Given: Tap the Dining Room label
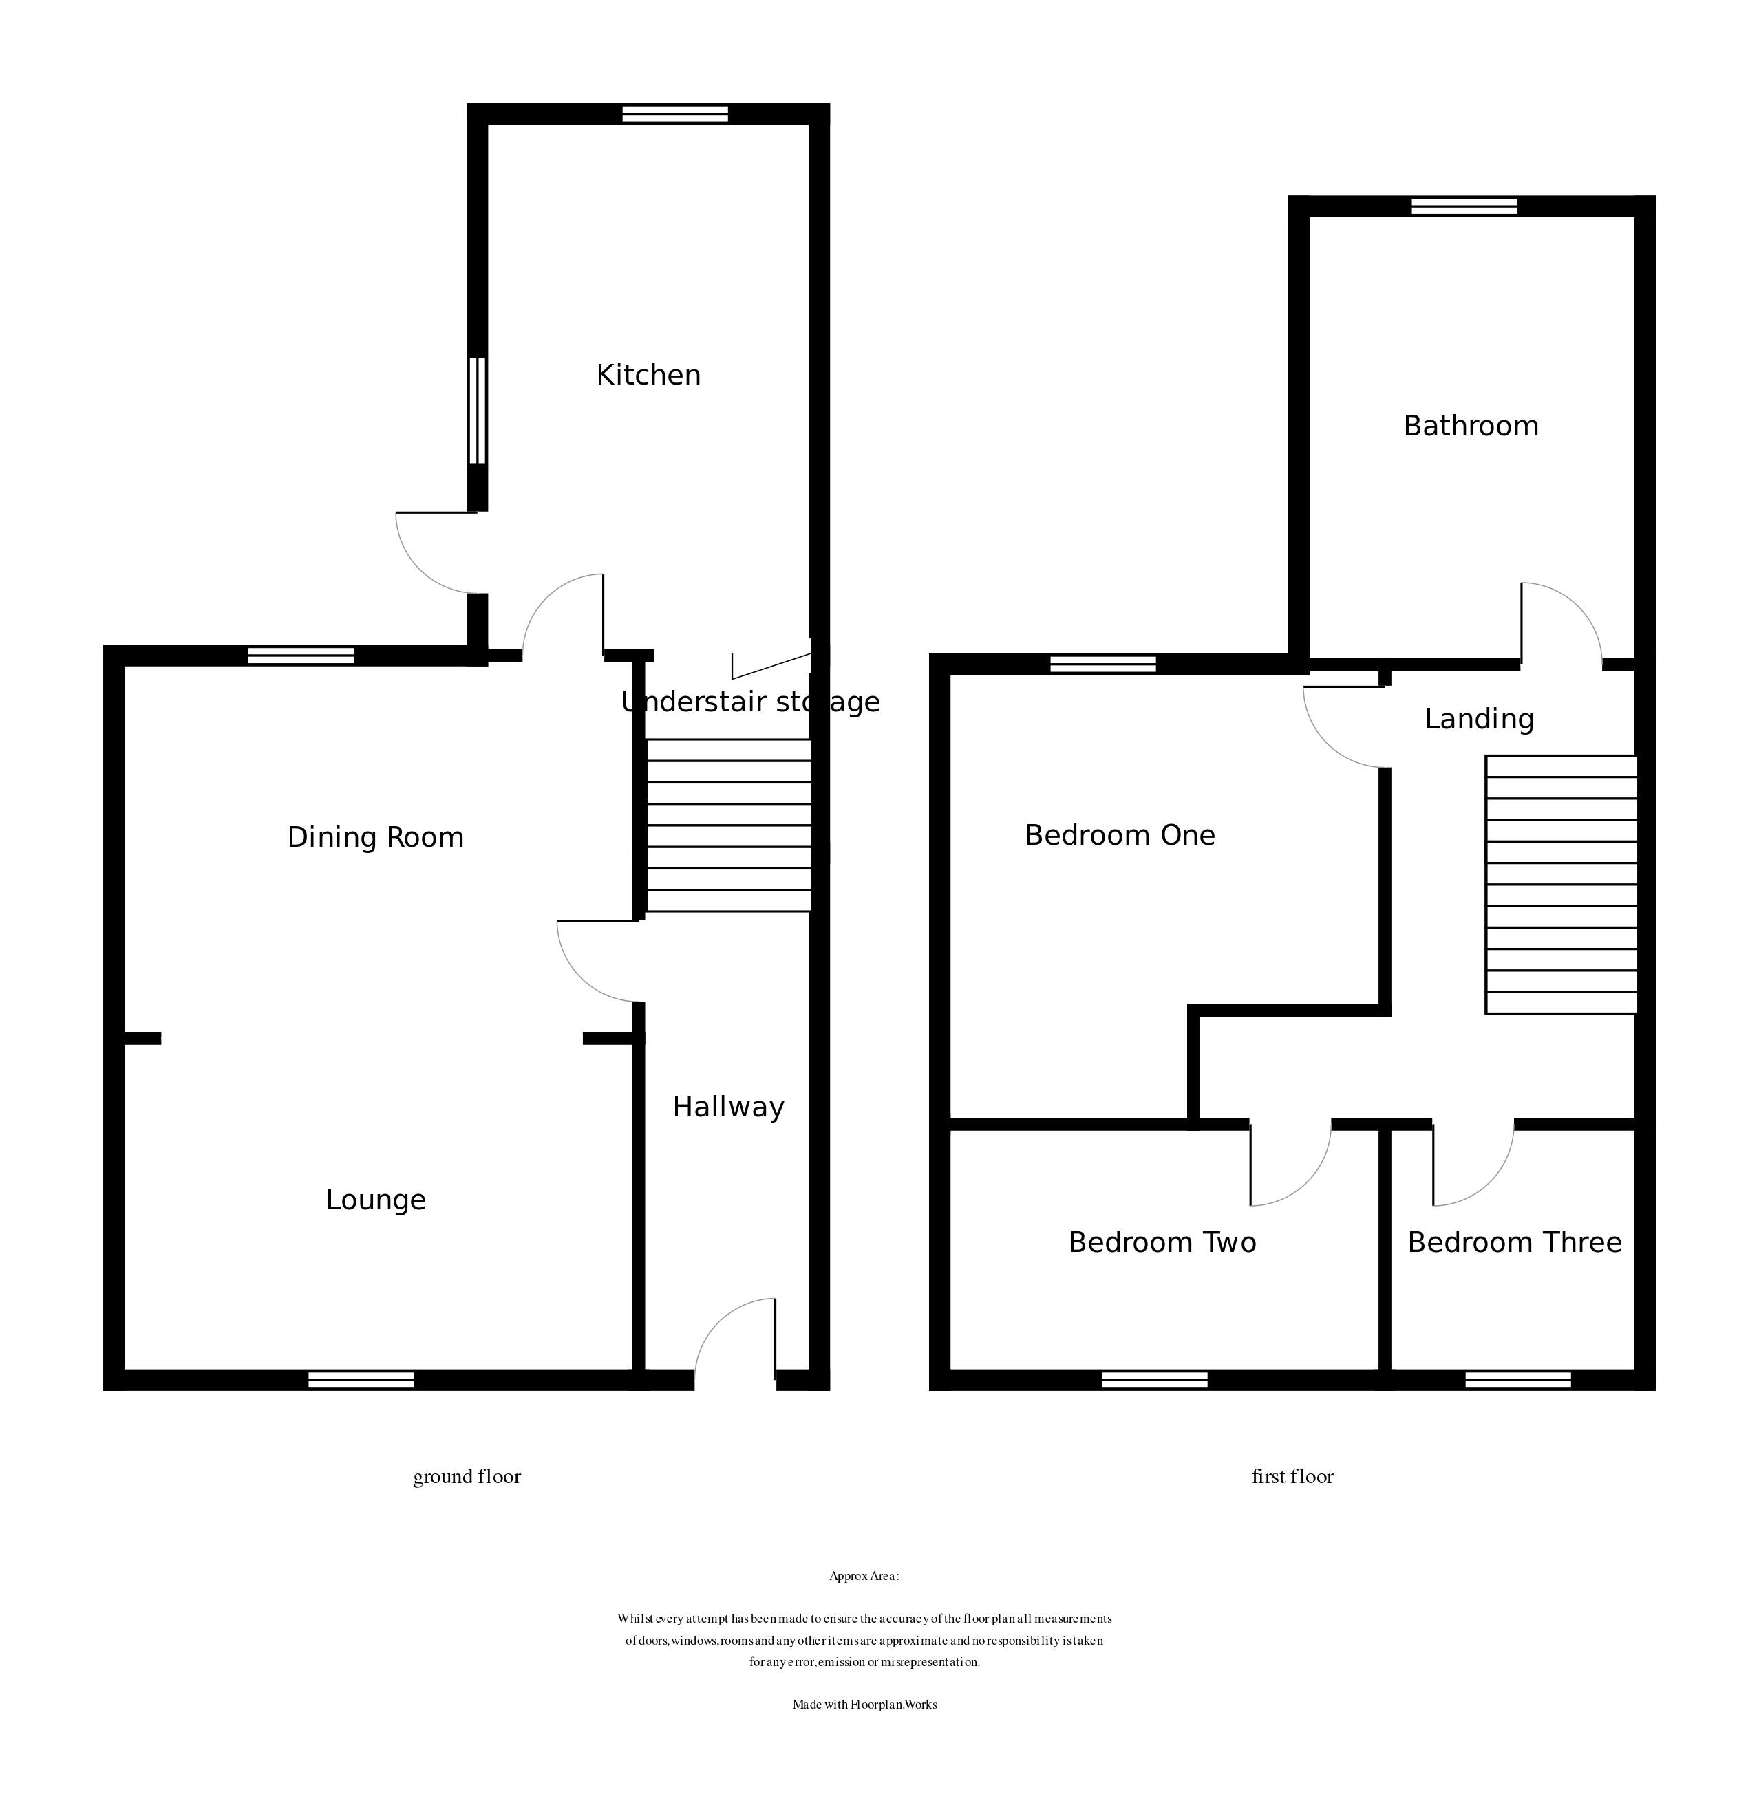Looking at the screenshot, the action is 375,838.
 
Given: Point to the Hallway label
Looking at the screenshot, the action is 728,1107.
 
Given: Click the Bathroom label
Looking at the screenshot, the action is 1471,426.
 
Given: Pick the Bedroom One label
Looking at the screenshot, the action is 1120,836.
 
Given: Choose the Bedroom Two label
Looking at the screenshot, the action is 1162,1242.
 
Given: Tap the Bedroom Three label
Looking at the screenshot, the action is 1514,1242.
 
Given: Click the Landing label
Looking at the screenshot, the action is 1479,719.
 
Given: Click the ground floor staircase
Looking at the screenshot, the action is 728,825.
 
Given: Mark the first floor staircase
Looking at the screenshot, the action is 1561,885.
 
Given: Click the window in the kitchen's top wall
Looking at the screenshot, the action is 674,114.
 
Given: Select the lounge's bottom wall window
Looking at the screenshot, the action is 361,1381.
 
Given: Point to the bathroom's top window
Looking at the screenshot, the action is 1464,206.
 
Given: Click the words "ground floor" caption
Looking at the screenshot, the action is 467,1477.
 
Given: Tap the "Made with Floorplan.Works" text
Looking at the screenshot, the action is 864,1705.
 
